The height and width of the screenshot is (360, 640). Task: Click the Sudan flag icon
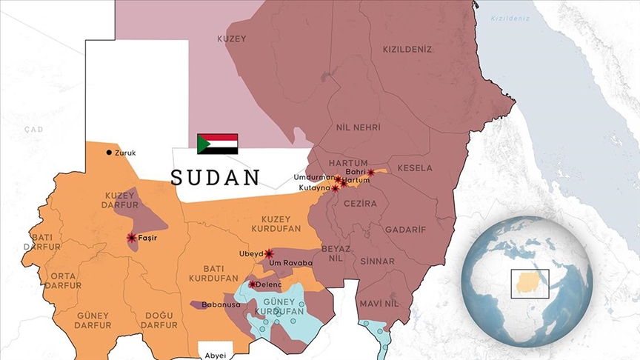[217, 144]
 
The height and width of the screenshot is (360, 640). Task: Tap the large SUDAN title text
[216, 178]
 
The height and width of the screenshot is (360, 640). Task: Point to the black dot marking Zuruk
[109, 153]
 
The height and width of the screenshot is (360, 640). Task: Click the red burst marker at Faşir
[131, 238]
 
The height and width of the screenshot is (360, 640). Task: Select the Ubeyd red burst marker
[269, 253]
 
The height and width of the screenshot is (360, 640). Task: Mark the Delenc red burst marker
[252, 284]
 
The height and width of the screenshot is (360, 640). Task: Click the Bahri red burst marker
[370, 173]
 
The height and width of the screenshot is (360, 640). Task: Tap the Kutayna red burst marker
[335, 188]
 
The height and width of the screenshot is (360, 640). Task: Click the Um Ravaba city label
[292, 262]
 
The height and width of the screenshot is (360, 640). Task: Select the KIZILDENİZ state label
[407, 50]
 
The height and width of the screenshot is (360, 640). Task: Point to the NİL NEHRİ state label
[358, 127]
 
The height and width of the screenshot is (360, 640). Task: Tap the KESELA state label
[414, 168]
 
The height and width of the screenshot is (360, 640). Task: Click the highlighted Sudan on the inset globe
[527, 282]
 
